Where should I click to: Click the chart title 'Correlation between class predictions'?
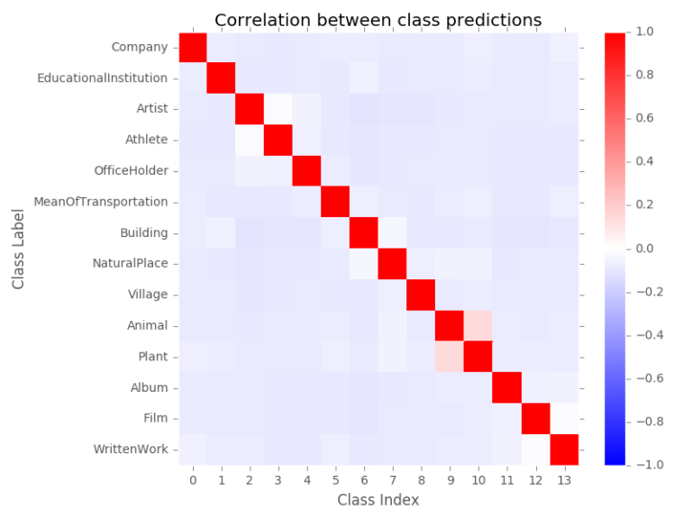(x=377, y=20)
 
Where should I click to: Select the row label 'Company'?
(x=139, y=47)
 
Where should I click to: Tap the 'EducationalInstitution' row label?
(x=102, y=78)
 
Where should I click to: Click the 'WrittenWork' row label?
(x=131, y=449)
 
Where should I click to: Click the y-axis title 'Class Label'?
(x=19, y=247)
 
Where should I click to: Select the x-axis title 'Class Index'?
(x=378, y=499)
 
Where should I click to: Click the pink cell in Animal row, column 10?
(x=478, y=325)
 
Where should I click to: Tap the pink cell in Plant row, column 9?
(x=450, y=356)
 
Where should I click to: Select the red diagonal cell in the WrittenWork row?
(x=563, y=449)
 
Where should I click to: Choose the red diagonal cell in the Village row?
(x=421, y=294)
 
